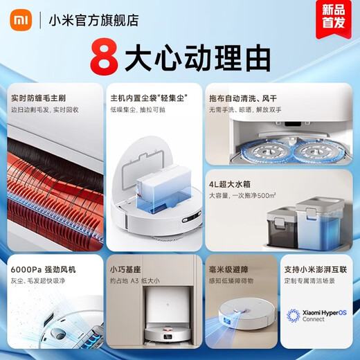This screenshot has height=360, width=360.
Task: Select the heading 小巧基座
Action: pyautogui.click(x=127, y=267)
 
